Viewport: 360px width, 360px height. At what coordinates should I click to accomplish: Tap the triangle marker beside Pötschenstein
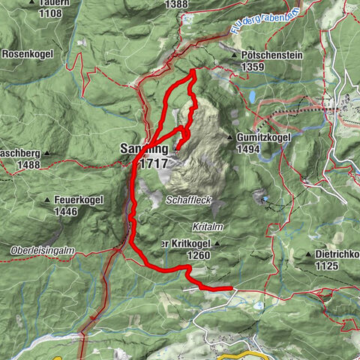(234, 55)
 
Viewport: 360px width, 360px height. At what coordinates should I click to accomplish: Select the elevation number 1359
(253, 67)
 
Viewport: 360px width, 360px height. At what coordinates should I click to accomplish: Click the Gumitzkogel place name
(264, 139)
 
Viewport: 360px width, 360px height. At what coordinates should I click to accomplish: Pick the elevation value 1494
(247, 150)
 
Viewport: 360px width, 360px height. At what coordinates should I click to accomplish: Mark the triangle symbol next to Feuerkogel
(46, 201)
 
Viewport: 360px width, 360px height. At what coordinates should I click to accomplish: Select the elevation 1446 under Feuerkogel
(66, 212)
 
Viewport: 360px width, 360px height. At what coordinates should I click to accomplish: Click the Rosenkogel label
(27, 54)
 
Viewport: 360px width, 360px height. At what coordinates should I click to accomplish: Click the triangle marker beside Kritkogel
(217, 244)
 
